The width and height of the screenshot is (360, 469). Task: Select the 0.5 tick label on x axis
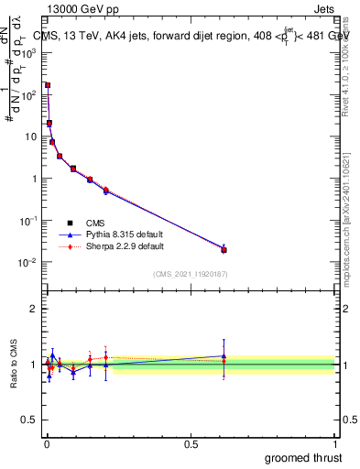191,442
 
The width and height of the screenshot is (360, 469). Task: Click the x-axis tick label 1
335,442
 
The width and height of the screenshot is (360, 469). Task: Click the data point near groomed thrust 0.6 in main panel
224,249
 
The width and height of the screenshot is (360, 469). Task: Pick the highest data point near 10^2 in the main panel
48,85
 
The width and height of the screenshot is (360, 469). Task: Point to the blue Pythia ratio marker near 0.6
224,356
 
